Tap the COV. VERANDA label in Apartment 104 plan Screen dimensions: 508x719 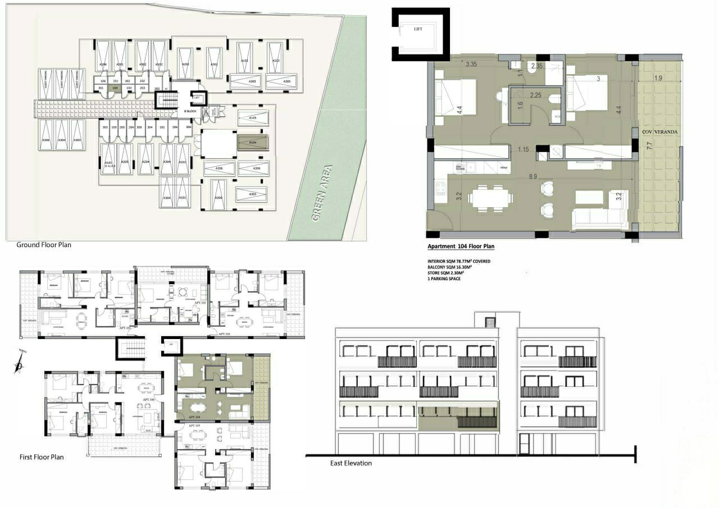[x=661, y=131]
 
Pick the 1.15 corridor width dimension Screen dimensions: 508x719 [x=524, y=149]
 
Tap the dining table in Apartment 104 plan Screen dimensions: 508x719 [x=491, y=198]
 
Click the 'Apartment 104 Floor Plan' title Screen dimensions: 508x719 [x=461, y=246]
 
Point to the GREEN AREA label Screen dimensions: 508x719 [x=323, y=193]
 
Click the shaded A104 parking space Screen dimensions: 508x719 [x=253, y=143]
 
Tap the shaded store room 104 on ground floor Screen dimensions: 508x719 [x=115, y=88]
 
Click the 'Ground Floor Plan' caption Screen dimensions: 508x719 [x=44, y=245]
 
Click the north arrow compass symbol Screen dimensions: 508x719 [x=19, y=365]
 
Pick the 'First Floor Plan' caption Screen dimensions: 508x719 [x=42, y=457]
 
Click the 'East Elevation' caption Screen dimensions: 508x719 [x=351, y=463]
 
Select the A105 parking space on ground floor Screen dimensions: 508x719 [x=253, y=118]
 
